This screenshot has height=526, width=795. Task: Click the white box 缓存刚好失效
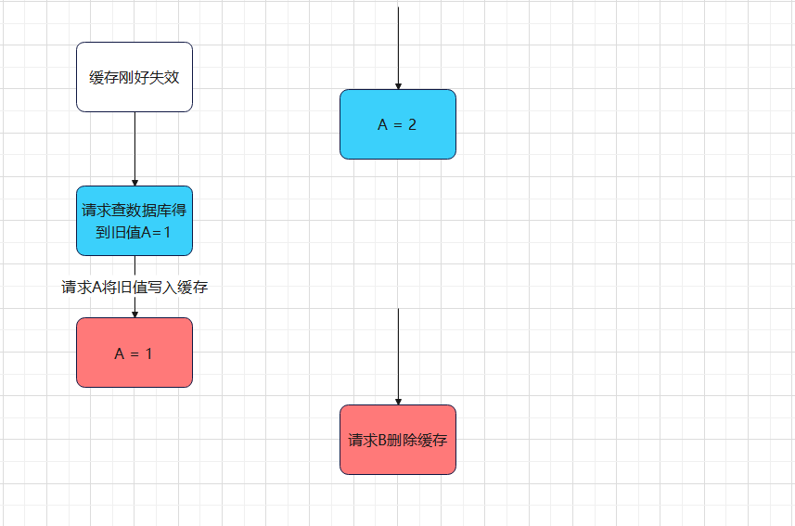click(135, 77)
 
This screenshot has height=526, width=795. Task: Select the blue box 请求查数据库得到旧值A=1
click(135, 221)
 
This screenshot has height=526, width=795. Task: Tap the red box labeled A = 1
click(135, 353)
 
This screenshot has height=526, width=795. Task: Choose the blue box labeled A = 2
click(398, 124)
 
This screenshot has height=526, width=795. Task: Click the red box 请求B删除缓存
click(398, 440)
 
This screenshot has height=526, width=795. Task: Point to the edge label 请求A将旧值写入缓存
click(135, 288)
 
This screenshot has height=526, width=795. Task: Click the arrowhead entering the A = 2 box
click(398, 85)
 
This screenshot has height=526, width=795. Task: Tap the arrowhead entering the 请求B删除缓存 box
click(398, 401)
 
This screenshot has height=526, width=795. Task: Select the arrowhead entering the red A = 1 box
click(135, 314)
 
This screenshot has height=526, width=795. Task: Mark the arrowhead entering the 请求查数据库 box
click(135, 182)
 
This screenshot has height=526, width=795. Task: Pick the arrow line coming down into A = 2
click(398, 46)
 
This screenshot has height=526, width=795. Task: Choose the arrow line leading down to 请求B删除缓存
click(398, 353)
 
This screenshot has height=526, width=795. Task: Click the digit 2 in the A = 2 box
click(412, 124)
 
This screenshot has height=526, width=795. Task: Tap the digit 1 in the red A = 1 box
click(148, 353)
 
